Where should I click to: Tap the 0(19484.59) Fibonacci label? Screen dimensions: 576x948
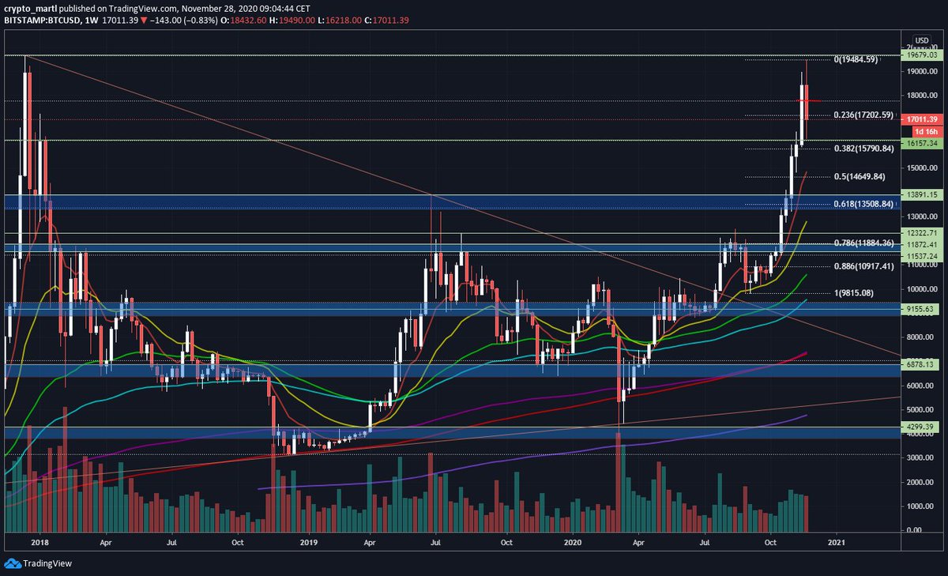click(x=867, y=59)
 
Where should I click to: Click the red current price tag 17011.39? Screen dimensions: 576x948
click(x=921, y=119)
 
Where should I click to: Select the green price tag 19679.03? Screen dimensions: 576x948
click(x=921, y=55)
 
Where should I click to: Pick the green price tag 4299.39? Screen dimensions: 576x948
click(x=921, y=427)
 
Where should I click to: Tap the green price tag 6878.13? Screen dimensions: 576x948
click(x=921, y=364)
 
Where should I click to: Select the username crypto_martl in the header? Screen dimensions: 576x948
click(x=30, y=8)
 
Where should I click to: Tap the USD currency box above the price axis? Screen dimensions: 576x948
click(x=921, y=40)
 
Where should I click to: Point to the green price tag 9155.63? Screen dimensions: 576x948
click(x=921, y=309)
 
